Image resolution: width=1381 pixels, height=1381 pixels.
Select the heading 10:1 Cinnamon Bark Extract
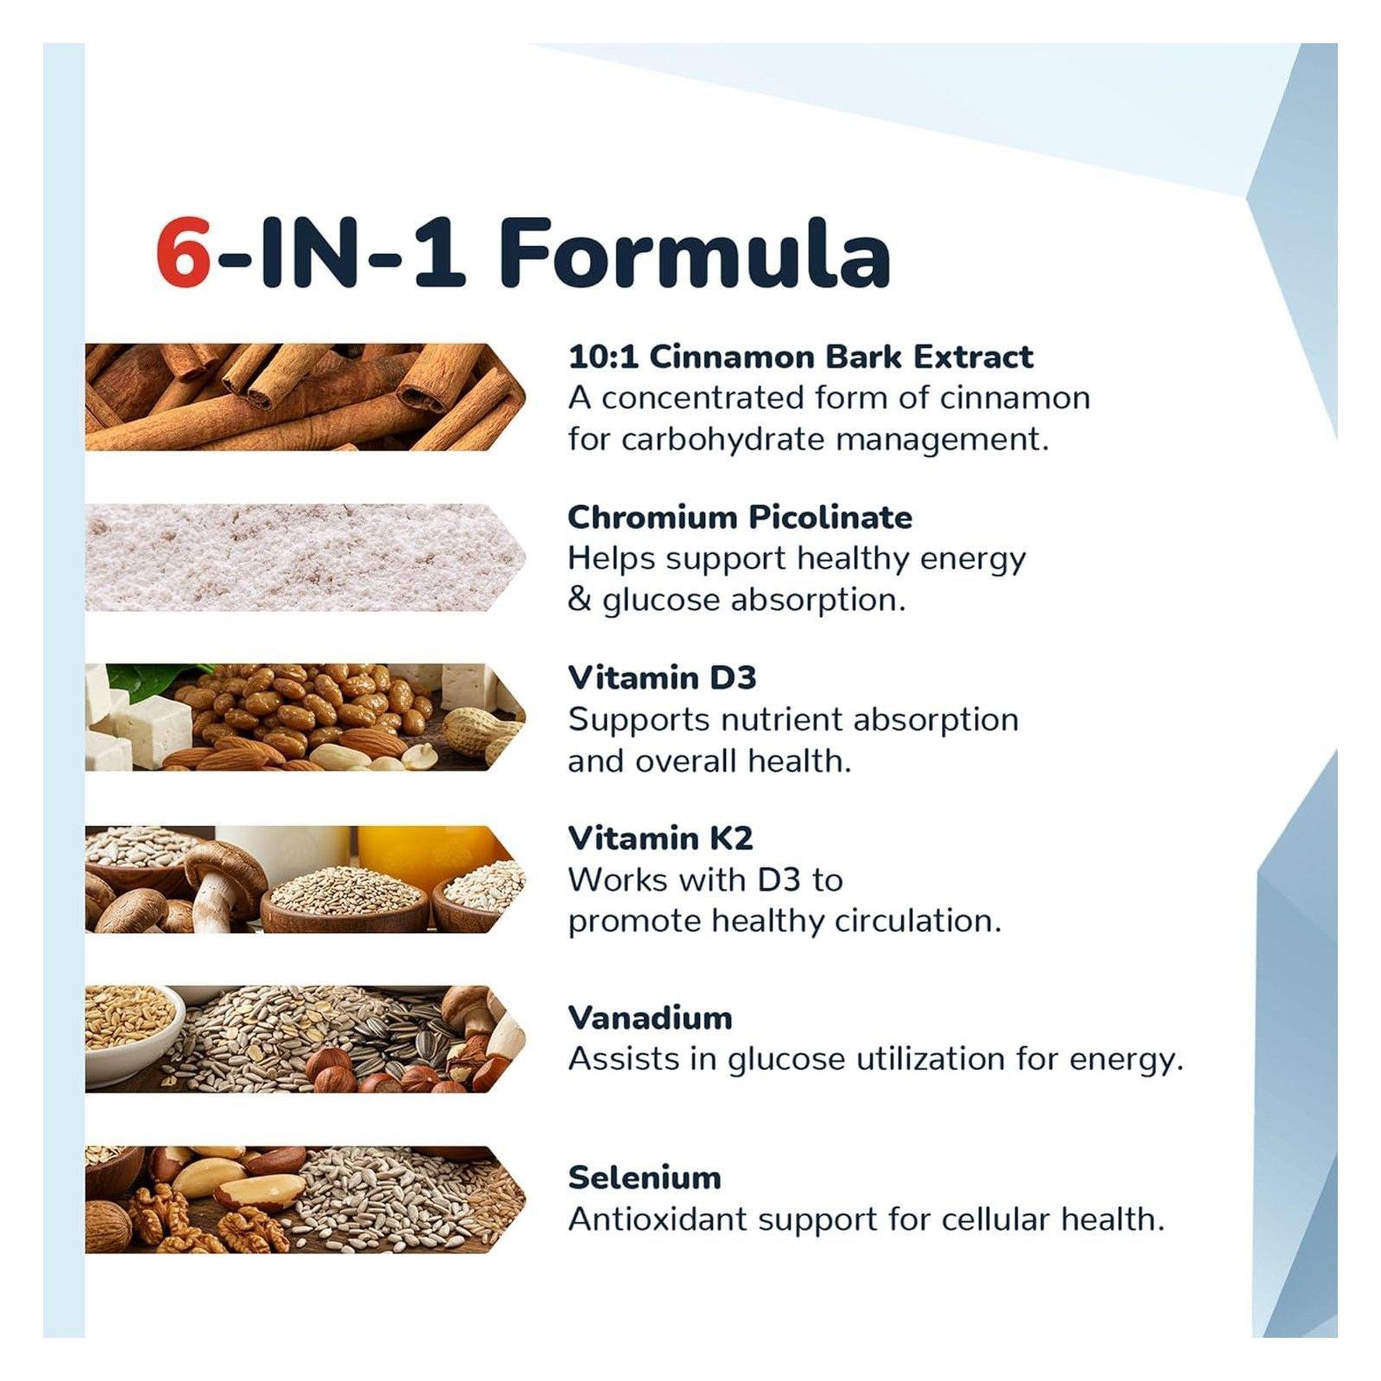(800, 356)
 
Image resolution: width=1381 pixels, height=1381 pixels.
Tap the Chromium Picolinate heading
(740, 517)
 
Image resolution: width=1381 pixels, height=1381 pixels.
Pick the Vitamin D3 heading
(662, 678)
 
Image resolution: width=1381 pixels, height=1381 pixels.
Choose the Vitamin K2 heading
(660, 837)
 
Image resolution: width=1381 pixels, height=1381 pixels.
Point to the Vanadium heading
(650, 1018)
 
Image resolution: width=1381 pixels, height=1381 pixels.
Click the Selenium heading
(645, 1177)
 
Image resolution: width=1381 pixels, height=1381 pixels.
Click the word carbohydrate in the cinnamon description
(722, 439)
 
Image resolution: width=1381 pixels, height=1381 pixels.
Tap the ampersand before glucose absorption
(578, 599)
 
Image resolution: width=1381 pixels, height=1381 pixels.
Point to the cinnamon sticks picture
(306, 397)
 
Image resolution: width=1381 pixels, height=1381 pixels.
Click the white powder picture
(306, 558)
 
